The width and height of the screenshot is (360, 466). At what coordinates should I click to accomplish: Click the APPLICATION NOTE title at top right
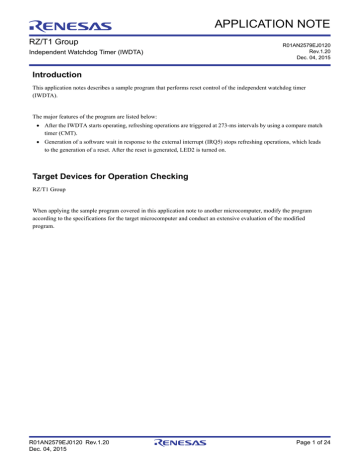pyautogui.click(x=291, y=21)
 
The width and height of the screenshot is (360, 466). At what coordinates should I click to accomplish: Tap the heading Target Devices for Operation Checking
pyautogui.click(x=122, y=175)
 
